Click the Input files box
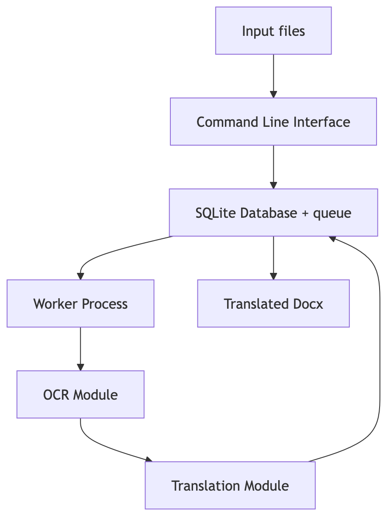coord(273,31)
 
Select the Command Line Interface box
coord(273,122)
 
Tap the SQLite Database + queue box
coord(273,213)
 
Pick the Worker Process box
coord(80,303)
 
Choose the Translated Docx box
coord(273,303)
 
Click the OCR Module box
coord(80,394)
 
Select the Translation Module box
coord(230,485)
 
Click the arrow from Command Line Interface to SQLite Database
coord(273,167)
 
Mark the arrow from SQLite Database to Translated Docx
coord(273,258)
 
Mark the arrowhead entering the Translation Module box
coord(149,459)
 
